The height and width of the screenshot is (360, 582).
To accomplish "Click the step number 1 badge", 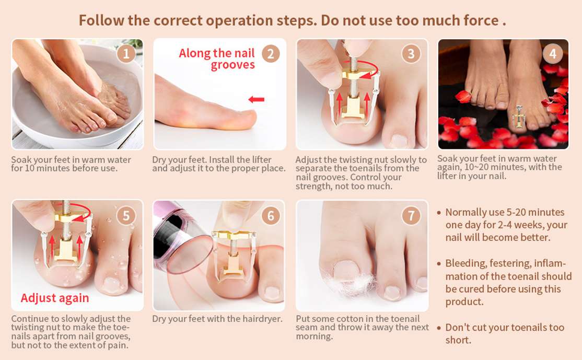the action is click(x=126, y=54).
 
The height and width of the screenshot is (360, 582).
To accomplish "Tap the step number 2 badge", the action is click(x=271, y=54).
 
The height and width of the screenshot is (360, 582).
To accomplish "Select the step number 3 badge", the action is click(x=411, y=54).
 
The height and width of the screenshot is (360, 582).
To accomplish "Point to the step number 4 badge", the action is click(x=553, y=54).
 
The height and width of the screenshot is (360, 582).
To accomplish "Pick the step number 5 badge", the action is click(x=126, y=216).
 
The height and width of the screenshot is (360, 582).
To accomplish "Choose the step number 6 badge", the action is click(x=271, y=216).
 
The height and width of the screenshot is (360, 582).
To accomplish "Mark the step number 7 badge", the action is click(x=411, y=216).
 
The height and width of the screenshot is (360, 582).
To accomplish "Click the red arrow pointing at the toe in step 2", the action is click(x=256, y=99).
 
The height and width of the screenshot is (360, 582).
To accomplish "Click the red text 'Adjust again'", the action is click(x=55, y=298).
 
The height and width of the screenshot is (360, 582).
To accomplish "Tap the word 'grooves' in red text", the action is click(x=232, y=65).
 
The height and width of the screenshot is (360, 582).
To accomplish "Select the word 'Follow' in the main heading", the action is click(x=101, y=20).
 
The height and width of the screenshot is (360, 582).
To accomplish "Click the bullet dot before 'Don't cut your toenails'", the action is click(x=439, y=328).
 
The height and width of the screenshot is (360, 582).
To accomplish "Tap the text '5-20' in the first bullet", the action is click(x=516, y=212).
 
